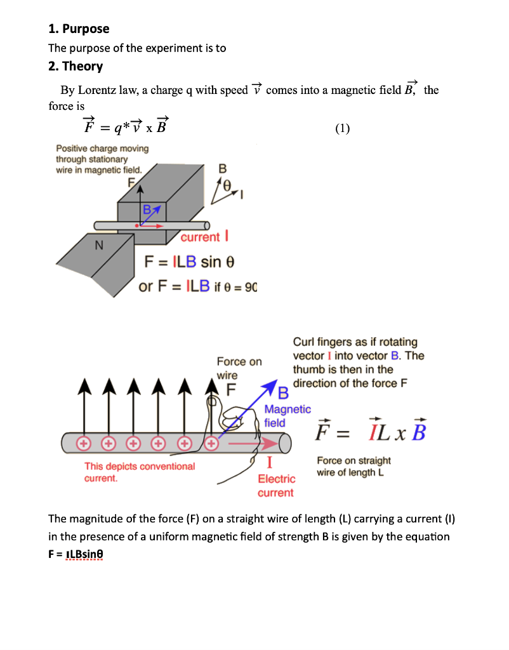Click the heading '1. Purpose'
[79, 29]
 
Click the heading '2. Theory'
[76, 66]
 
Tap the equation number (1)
[342, 129]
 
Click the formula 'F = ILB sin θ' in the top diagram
[190, 262]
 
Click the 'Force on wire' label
[239, 368]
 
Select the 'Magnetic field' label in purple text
[287, 416]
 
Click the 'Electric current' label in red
[276, 486]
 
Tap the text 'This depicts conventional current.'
[140, 472]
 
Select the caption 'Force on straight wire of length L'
[354, 467]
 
